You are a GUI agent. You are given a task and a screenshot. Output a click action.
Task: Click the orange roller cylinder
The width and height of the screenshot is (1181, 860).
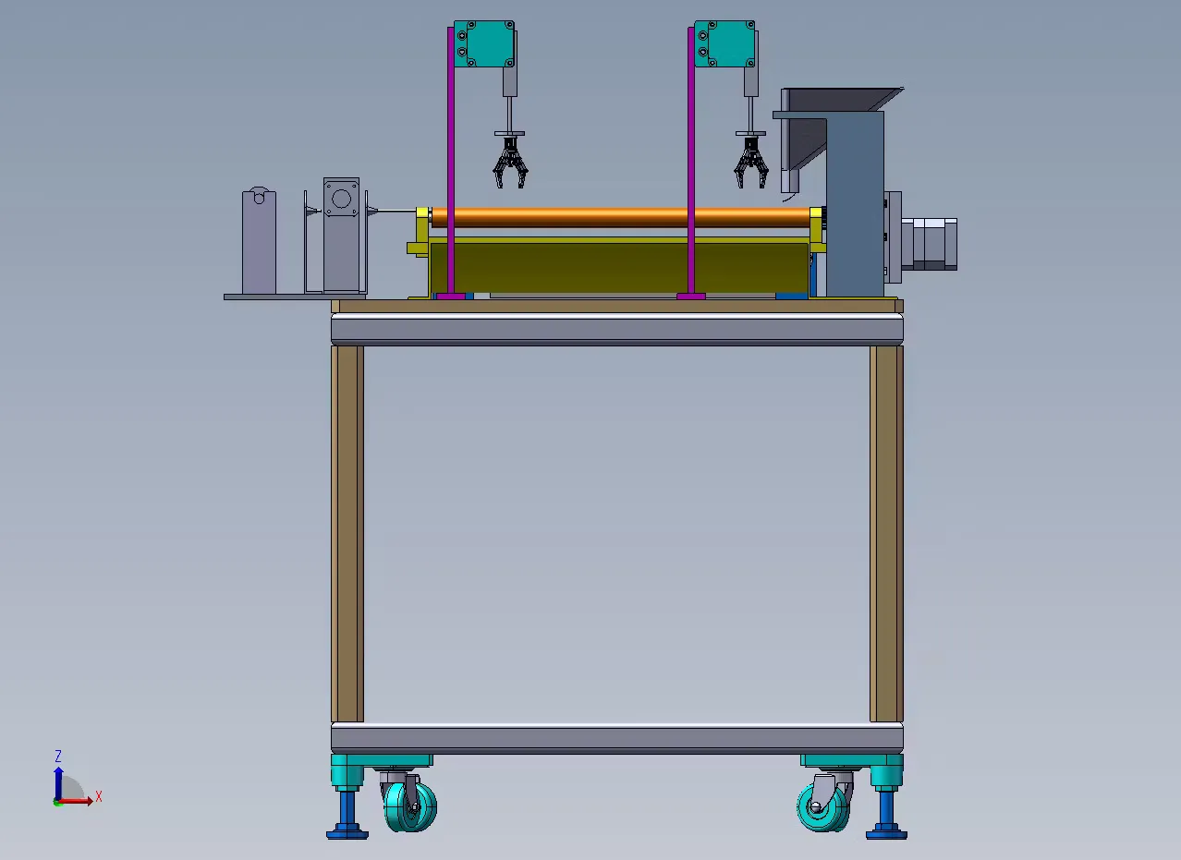(x=621, y=217)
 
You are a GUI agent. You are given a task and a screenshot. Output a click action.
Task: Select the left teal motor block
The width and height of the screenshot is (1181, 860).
(x=484, y=43)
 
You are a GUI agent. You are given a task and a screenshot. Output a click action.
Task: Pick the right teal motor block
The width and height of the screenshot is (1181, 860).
(x=724, y=43)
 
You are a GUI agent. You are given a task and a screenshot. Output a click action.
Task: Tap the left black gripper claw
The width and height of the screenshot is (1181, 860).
(x=510, y=162)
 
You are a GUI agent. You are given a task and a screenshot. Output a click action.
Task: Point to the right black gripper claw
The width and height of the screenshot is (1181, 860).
(x=750, y=162)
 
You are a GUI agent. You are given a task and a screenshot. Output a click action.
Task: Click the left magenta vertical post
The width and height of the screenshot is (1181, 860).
(x=451, y=161)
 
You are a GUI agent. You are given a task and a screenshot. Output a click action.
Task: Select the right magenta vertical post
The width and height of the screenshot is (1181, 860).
(x=690, y=161)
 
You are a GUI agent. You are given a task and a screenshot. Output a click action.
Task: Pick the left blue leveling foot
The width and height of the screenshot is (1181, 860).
(x=347, y=814)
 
